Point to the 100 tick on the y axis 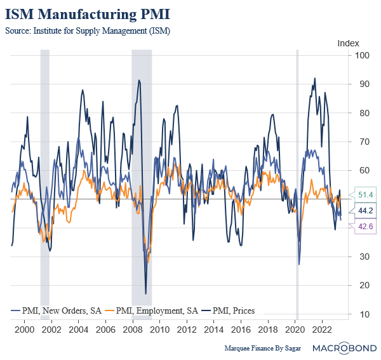point(363,55)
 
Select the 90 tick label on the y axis point(363,84)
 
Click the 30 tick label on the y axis point(363,257)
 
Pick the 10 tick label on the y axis point(363,314)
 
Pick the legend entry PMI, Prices point(228,310)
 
